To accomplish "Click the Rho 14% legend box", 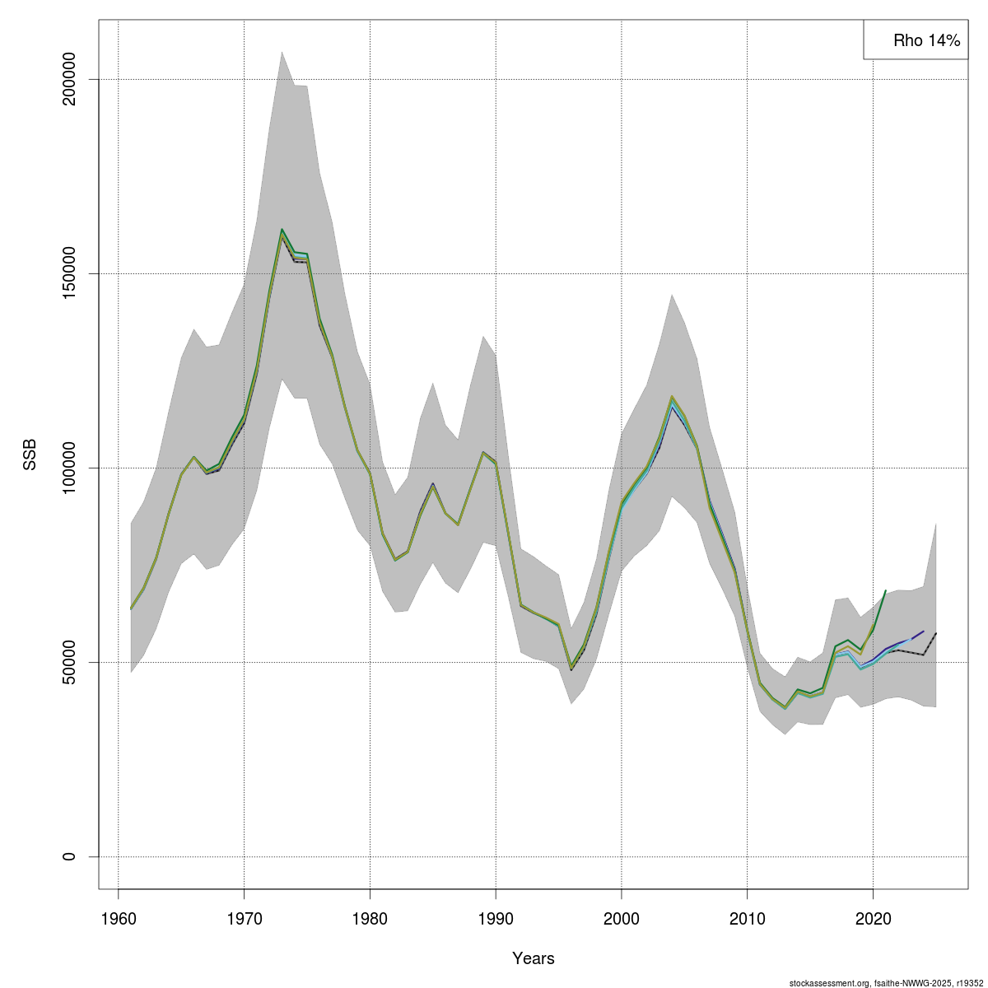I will click(x=915, y=40).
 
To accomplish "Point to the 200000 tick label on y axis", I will click(x=69, y=80).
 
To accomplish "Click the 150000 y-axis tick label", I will click(x=69, y=274).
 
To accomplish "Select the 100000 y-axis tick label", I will click(x=69, y=468).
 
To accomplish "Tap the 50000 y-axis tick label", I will click(x=69, y=662).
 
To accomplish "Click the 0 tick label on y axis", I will click(x=69, y=856).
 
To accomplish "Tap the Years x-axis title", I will click(x=534, y=958).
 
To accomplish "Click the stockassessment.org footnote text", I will click(x=886, y=982).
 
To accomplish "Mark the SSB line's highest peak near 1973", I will click(x=282, y=231).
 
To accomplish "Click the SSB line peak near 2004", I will click(x=672, y=398).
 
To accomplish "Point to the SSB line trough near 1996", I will click(x=571, y=668).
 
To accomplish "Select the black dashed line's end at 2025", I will click(x=936, y=633).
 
